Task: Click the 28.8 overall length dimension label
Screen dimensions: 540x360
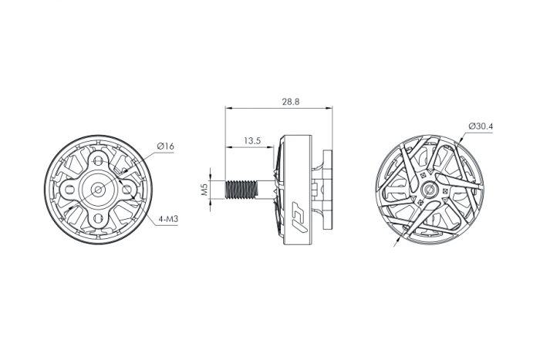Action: pyautogui.click(x=291, y=102)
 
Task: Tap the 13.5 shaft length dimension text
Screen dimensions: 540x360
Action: pyautogui.click(x=252, y=141)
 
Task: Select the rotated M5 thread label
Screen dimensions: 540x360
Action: pyautogui.click(x=205, y=190)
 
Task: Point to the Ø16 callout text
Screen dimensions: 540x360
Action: pyautogui.click(x=166, y=146)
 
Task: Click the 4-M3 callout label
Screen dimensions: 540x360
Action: pyautogui.click(x=168, y=219)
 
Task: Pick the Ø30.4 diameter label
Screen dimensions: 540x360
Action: pyautogui.click(x=481, y=126)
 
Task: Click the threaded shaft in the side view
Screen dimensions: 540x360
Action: pyautogui.click(x=241, y=190)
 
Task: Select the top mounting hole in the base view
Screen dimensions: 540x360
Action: pyautogui.click(x=99, y=161)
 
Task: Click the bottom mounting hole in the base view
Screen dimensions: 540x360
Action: pyautogui.click(x=99, y=217)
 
